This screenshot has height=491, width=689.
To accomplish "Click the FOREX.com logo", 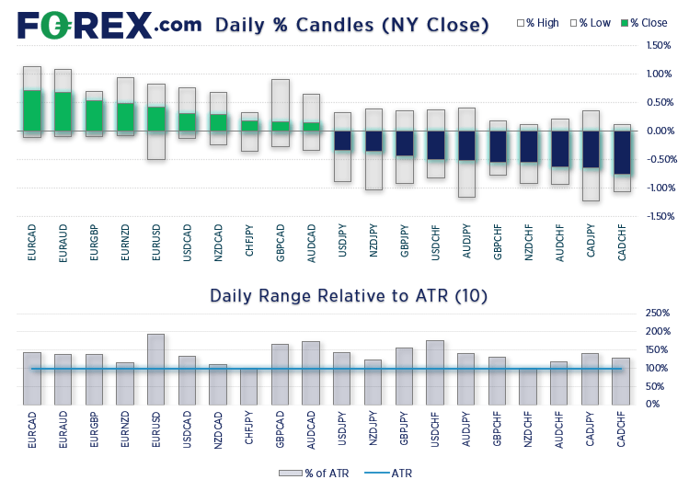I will [x=107, y=24].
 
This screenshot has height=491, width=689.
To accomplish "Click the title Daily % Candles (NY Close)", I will [x=351, y=25].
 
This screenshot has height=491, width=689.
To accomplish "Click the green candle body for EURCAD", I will [x=32, y=110].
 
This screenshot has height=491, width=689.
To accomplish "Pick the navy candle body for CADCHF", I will [x=623, y=152].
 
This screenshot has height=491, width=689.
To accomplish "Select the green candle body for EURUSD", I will [x=156, y=119].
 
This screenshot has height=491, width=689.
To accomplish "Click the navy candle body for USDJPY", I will [x=342, y=140].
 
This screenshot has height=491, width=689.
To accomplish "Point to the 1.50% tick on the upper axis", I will [x=658, y=45].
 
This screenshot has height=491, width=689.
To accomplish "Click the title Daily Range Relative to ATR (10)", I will [x=349, y=296].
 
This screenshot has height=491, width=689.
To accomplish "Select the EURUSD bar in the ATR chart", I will [x=156, y=369].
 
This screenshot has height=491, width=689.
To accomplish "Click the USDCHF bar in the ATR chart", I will [x=435, y=372].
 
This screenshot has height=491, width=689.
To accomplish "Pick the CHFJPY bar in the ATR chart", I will [x=249, y=386].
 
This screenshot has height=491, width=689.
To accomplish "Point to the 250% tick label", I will [x=658, y=314].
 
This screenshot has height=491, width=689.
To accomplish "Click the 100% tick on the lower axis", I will [x=658, y=369].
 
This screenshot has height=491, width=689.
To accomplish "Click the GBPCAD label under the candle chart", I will [x=280, y=242].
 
